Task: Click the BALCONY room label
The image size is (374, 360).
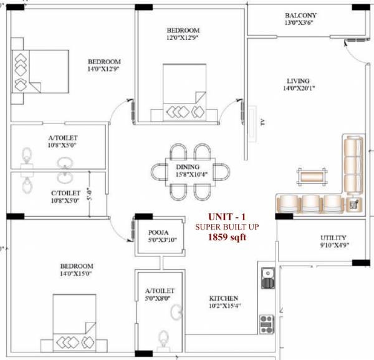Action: tap(300, 16)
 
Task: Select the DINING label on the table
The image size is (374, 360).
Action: tap(187, 167)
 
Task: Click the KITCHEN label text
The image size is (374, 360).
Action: tap(223, 298)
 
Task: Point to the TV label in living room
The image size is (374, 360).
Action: tap(262, 122)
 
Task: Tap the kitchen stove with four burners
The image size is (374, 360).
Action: tap(267, 323)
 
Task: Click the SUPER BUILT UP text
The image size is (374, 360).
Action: tap(226, 226)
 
